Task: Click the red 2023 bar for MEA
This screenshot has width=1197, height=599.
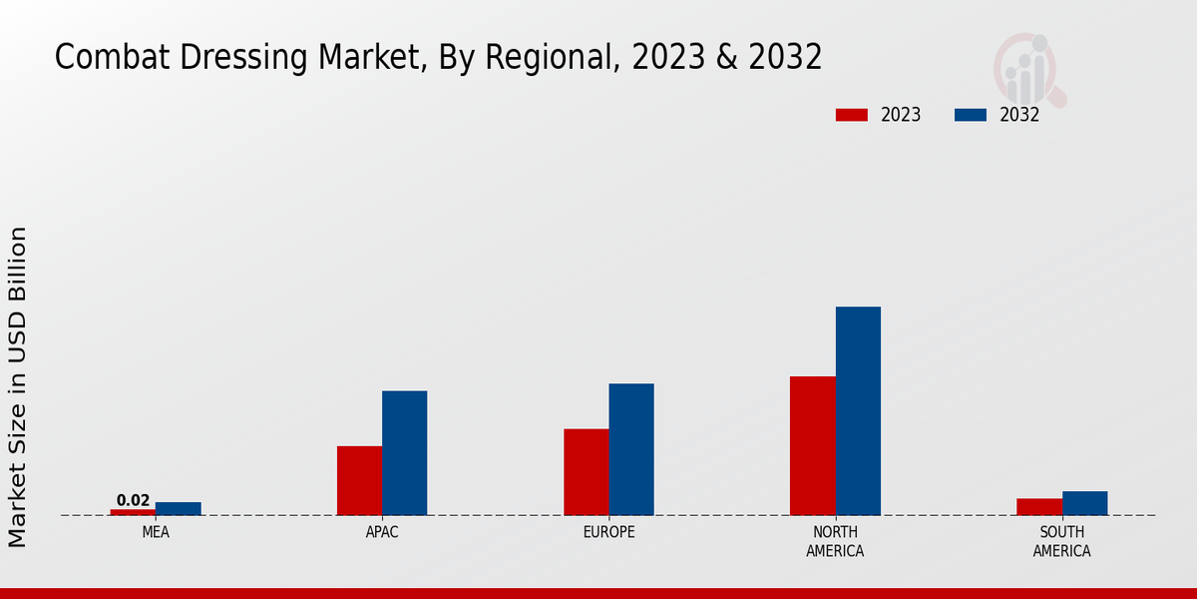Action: coord(133,512)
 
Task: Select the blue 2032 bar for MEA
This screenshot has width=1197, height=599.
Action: coord(178,509)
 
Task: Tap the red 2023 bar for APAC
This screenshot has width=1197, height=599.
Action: coord(359,480)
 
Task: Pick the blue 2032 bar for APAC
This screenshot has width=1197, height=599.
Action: coord(404,453)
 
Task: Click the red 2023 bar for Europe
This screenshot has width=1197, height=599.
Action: coord(586,472)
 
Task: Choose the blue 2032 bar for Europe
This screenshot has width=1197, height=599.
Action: coord(631,449)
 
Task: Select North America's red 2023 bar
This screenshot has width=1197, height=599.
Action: coord(812,445)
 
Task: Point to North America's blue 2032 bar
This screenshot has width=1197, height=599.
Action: coord(858,410)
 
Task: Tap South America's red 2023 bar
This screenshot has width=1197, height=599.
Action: coord(1039,507)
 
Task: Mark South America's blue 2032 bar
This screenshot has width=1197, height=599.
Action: coord(1084,503)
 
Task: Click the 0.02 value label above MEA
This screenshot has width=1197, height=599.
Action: coord(133,500)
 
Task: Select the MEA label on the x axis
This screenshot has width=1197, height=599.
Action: coord(156,532)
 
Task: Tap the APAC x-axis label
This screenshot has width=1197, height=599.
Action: coord(382,532)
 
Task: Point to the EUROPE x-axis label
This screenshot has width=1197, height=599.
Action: coord(608,532)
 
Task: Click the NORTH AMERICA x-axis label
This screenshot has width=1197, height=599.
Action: coord(835,541)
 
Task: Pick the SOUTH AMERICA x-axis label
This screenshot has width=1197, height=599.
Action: coord(1061,541)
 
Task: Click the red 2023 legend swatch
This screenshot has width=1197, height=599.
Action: coord(851,115)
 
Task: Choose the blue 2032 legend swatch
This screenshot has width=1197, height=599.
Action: coord(970,115)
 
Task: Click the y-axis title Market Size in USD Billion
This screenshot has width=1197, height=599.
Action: coord(18,386)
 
